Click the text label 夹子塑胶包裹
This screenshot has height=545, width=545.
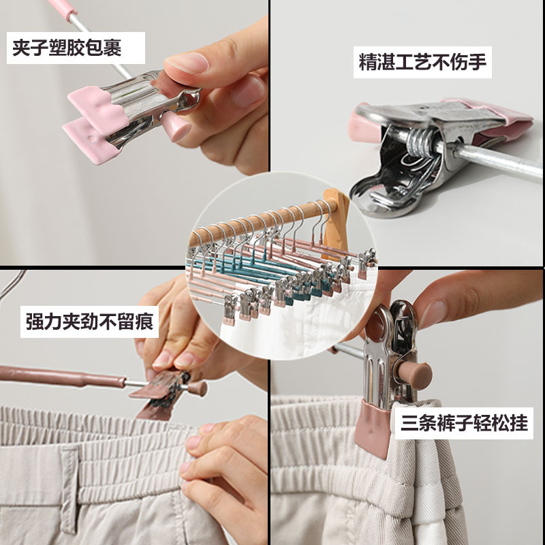tap(67, 48)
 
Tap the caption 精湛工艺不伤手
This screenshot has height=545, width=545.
tap(422, 62)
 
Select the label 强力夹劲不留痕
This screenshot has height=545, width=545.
tap(89, 322)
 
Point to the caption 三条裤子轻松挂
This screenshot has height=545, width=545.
tap(464, 423)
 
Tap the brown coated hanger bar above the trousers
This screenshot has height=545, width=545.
tap(62, 377)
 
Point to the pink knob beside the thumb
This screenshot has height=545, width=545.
tap(176, 126)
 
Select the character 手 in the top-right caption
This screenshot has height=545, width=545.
tap(478, 62)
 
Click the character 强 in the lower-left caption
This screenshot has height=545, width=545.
tap(35, 322)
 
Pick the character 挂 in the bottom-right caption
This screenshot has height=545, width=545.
tap(519, 423)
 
